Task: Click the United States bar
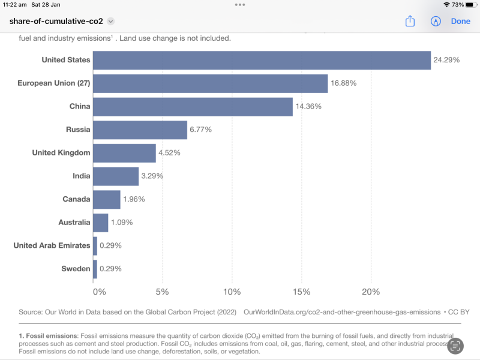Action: tap(262, 60)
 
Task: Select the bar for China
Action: tap(193, 107)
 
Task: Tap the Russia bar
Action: tap(140, 130)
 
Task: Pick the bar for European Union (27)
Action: tap(210, 83)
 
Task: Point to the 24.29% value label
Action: tap(446, 60)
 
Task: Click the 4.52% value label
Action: tap(169, 153)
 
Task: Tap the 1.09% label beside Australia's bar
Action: tap(122, 223)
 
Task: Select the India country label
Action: tap(81, 176)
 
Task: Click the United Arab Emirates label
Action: tap(52, 245)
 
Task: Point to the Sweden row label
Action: tap(76, 269)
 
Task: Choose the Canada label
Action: tap(76, 199)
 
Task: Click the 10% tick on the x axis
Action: tap(232, 292)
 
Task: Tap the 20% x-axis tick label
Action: tap(371, 292)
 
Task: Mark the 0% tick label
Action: tap(99, 292)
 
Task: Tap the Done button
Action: tap(461, 21)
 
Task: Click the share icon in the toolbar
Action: tap(410, 21)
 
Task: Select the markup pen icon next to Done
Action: tap(436, 21)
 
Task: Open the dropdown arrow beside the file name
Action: tap(110, 21)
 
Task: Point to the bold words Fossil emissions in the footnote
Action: tap(52, 335)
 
